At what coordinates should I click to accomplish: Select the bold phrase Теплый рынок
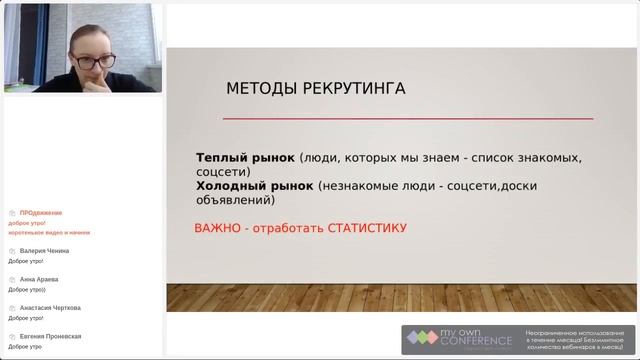[x=245, y=158]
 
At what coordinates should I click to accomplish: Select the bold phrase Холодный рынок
[x=255, y=185]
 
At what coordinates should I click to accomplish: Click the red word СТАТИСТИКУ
[x=364, y=228]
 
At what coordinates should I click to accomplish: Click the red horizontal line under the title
[x=407, y=118]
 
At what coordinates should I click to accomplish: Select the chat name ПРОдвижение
[x=40, y=213]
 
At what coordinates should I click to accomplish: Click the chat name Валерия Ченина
[x=46, y=251]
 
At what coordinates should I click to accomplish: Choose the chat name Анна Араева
[x=39, y=279]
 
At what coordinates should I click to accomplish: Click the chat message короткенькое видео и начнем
[x=49, y=231]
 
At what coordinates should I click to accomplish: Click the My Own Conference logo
[x=460, y=340]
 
